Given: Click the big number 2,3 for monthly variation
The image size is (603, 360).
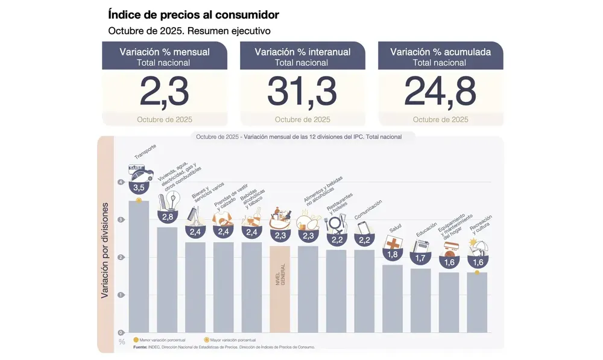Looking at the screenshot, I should click(164, 92).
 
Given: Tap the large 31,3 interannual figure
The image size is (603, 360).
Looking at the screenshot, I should click(302, 92).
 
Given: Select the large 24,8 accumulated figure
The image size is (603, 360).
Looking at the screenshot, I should click(440, 92).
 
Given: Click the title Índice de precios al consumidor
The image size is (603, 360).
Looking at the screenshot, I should click(193, 14).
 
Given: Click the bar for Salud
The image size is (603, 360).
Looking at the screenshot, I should click(393, 298).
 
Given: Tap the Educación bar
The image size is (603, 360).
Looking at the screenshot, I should click(421, 300).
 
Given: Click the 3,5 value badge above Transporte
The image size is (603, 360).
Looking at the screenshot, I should click(139, 188).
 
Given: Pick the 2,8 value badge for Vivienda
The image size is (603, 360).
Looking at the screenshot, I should click(167, 216).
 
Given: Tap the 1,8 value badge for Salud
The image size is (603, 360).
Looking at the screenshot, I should click(393, 254).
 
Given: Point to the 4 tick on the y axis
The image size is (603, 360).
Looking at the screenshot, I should click(121, 182).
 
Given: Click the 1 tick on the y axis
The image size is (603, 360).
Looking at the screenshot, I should click(121, 295).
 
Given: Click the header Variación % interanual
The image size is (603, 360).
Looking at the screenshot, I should click(302, 52).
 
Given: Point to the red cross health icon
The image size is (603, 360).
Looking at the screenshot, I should click(393, 243).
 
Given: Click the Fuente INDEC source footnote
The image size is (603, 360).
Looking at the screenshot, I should click(223, 347).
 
